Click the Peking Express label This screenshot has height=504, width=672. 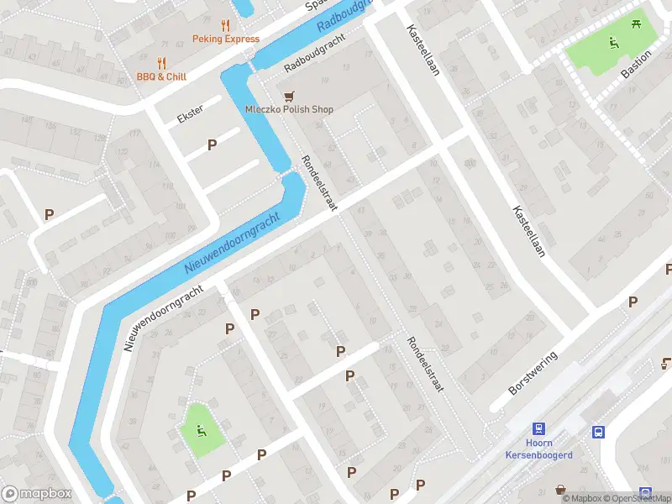(225, 39)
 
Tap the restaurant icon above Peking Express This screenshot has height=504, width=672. (225, 25)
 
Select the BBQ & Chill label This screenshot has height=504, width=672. (161, 76)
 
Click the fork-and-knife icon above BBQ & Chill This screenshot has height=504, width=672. (161, 62)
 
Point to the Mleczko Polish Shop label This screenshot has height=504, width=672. (289, 109)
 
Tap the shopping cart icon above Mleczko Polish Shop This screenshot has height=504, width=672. (290, 95)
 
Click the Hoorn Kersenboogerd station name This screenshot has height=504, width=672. (538, 449)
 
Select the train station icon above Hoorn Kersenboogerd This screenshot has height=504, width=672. (538, 428)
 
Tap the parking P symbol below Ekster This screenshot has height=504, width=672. (213, 145)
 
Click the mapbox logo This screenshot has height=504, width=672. (36, 493)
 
